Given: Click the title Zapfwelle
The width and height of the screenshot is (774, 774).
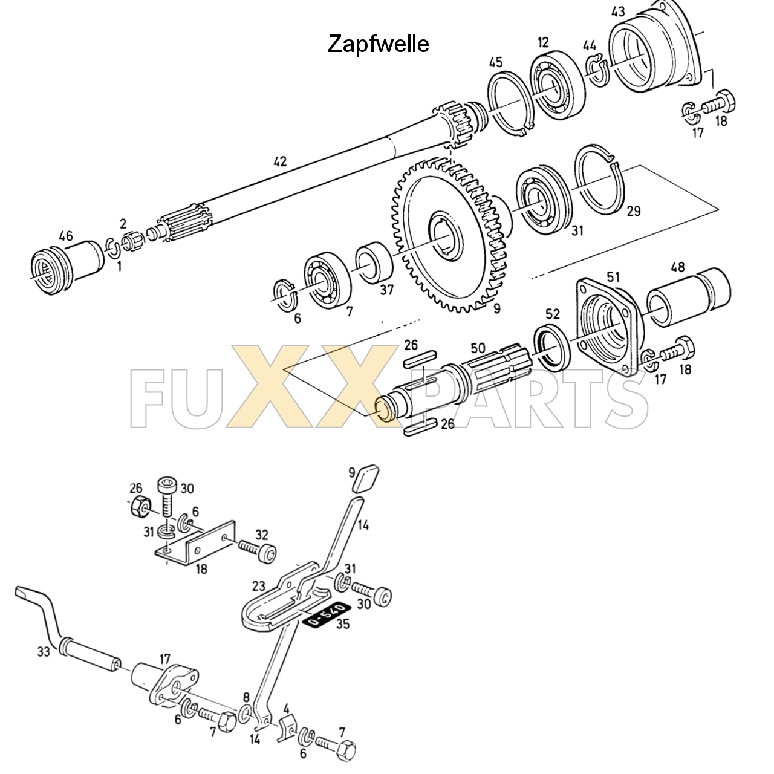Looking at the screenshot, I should pos(378,44).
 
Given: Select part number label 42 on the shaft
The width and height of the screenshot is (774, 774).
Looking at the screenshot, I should pos(279,161).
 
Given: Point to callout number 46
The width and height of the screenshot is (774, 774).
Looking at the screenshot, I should pos(65,235).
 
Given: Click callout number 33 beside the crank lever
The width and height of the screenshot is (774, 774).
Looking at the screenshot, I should pos(42,652).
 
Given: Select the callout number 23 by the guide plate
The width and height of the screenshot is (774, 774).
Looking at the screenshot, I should pos(259,586).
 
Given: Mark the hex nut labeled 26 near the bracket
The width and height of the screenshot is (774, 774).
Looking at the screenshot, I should pos(140,505).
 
